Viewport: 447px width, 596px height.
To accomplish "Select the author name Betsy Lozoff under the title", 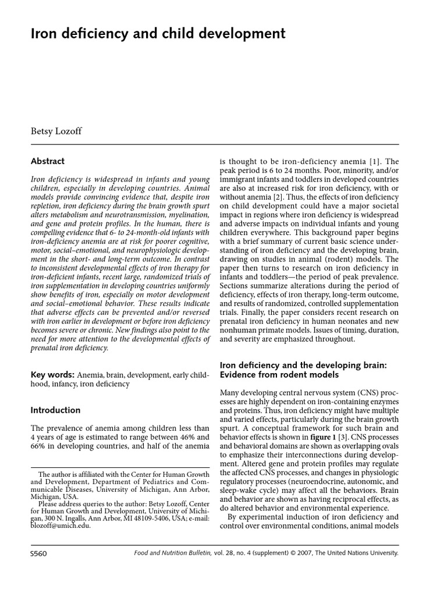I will [x=56, y=131].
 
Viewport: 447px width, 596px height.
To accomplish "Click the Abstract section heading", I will [x=48, y=161].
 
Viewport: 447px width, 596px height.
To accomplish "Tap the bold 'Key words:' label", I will [x=52, y=374].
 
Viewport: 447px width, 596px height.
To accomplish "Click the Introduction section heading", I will [x=55, y=410].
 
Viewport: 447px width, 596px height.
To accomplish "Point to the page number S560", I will [x=39, y=554].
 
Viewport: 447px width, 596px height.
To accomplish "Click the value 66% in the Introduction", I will [x=39, y=446].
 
